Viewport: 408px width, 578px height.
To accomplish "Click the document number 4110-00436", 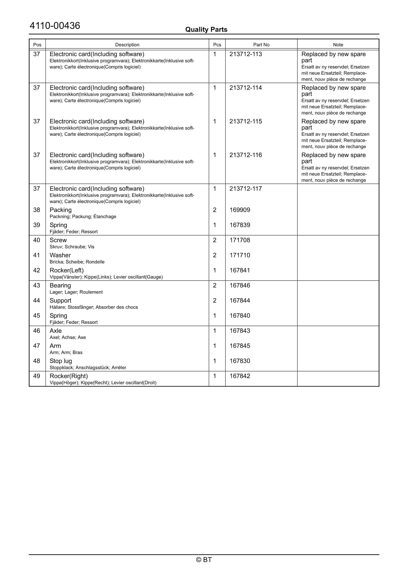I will tap(55, 26).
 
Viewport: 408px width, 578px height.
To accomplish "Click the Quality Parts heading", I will tap(206, 30).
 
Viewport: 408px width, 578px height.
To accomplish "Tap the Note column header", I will tap(338, 45).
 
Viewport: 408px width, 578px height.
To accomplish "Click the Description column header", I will tap(127, 45).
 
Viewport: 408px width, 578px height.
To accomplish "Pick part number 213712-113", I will tap(245, 54).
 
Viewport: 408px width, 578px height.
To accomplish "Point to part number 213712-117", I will tap(245, 189).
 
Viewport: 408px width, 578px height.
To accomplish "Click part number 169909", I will tap(240, 210).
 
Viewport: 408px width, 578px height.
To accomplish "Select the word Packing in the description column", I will tap(61, 210).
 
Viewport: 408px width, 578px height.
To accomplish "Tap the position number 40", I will tap(37, 240).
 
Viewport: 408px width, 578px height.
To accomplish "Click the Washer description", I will tap(60, 255).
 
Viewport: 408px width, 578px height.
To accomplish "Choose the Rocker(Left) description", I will tap(67, 270).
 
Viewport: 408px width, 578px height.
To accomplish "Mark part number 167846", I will tap(240, 285).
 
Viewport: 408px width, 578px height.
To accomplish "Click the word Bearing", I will tap(60, 285).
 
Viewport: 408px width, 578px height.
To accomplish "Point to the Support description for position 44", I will tap(60, 300).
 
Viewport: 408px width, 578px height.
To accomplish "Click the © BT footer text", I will tap(204, 560).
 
